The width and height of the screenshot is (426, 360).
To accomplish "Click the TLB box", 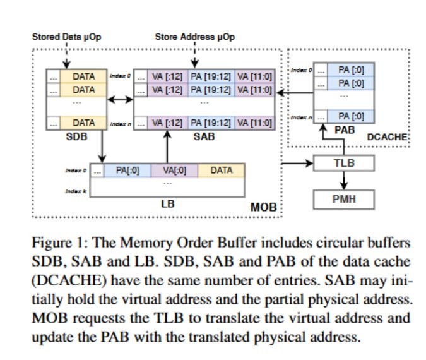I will pos(344,162).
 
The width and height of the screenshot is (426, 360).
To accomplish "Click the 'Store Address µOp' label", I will pos(195,37).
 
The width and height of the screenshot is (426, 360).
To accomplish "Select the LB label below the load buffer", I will pos(167,204).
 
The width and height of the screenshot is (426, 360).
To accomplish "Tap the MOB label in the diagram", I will pos(264,207).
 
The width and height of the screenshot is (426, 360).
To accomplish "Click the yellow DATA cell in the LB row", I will pos(221,171).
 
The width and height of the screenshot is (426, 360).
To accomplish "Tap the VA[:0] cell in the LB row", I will pos(174,171).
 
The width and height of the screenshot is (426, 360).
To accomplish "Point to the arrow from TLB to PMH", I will pos(344,180).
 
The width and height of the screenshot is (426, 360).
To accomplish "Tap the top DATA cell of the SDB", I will pos(83,76).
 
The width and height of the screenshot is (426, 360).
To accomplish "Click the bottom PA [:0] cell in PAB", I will pos(351,116).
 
